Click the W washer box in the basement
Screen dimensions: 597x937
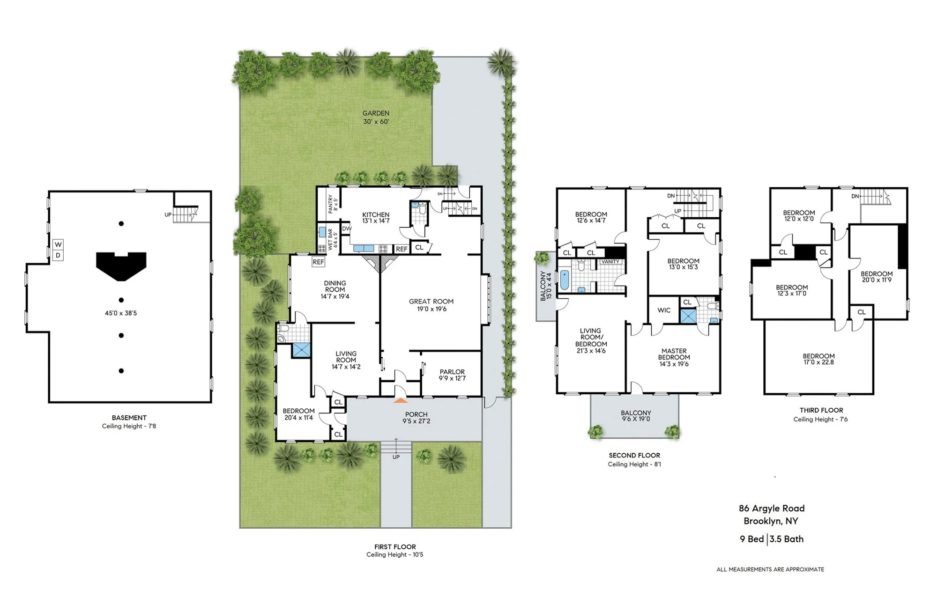[x=58, y=244]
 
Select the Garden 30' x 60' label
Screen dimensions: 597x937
[x=376, y=117]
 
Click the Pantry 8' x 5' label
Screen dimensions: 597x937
[x=333, y=204]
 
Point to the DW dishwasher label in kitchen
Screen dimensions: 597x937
[x=347, y=229]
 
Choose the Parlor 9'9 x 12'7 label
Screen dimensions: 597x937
[x=452, y=375]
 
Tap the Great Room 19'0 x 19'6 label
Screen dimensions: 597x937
[x=431, y=305]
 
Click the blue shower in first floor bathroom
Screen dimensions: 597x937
[x=301, y=350]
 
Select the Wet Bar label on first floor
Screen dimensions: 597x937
[x=332, y=239]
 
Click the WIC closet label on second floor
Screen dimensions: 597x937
[x=664, y=310]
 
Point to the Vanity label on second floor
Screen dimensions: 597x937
[x=610, y=262]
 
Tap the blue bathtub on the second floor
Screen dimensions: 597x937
[x=564, y=280]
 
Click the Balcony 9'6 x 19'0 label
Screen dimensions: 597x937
[x=636, y=416]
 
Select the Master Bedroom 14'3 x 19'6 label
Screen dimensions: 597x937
[x=674, y=357]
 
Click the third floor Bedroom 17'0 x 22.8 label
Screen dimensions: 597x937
[x=818, y=359]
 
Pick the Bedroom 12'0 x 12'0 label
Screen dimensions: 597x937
[x=799, y=215]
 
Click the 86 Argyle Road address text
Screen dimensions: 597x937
[x=772, y=508]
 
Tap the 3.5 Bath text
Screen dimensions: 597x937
[x=787, y=539]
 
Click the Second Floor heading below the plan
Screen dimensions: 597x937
[x=634, y=455]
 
